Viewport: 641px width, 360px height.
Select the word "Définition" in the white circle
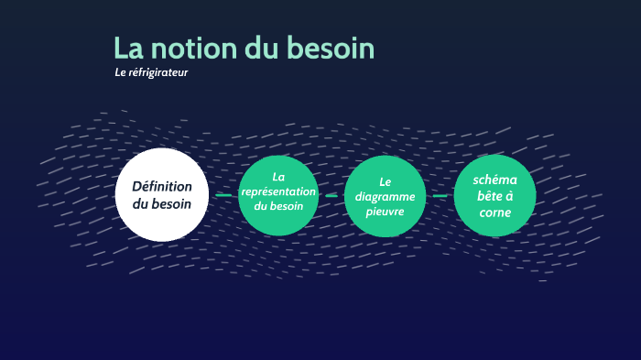pos(162,186)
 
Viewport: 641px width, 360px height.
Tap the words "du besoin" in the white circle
pos(162,204)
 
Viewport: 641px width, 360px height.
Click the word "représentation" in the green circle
pos(278,191)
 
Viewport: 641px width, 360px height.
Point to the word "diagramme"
pos(385,196)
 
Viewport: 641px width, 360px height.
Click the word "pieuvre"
pos(385,211)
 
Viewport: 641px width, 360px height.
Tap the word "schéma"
pos(495,180)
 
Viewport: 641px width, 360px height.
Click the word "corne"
pos(495,213)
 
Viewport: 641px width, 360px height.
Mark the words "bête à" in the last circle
pos(495,196)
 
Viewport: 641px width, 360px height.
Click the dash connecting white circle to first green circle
pos(223,195)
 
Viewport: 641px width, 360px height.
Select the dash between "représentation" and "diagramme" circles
pos(331,195)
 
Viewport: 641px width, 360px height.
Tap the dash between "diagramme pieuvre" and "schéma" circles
pos(440,195)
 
